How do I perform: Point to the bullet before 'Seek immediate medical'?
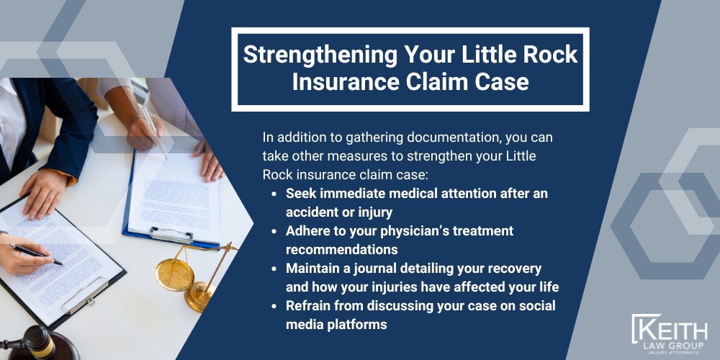[274, 194]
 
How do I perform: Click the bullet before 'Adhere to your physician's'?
[274, 231]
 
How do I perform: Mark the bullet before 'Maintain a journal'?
[274, 268]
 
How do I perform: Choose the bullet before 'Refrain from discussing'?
[274, 306]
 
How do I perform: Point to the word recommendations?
[341, 249]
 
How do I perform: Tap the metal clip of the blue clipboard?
[171, 235]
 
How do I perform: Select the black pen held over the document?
[36, 254]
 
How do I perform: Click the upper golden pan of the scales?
[174, 274]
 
